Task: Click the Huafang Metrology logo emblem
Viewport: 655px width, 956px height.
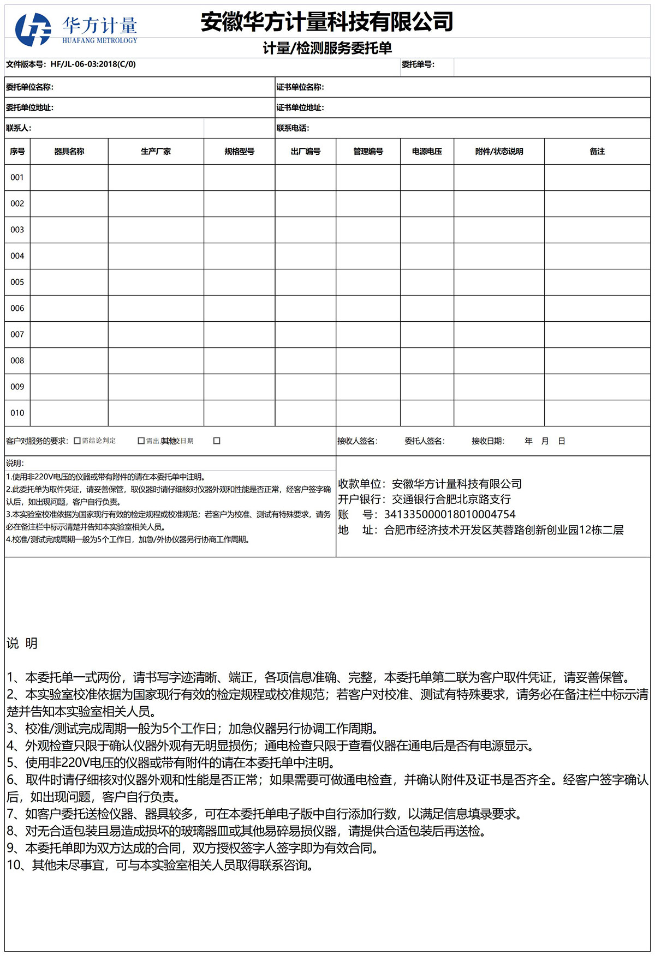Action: (x=33, y=29)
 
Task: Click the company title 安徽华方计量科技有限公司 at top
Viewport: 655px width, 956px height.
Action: (x=327, y=22)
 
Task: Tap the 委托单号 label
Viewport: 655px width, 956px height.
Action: (x=418, y=64)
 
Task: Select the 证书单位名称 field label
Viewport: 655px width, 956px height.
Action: (x=300, y=87)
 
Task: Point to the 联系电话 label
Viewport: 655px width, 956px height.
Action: (x=293, y=128)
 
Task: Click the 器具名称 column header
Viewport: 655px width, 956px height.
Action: (x=69, y=152)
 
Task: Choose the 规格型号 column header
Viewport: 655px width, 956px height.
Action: (x=239, y=152)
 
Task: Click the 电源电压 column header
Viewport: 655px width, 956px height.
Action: (x=427, y=152)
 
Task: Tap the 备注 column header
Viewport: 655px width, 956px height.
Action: (x=597, y=152)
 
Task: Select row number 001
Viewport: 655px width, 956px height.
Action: (x=17, y=177)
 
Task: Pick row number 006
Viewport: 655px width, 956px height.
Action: (x=17, y=308)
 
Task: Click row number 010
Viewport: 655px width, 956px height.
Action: (x=17, y=413)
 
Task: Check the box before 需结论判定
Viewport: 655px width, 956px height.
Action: (x=77, y=441)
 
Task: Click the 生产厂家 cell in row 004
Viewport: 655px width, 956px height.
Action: (x=156, y=256)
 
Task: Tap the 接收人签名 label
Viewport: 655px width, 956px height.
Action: (x=357, y=441)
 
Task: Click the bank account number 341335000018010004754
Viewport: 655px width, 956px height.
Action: (x=450, y=514)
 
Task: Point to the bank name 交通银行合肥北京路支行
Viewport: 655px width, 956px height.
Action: (x=451, y=499)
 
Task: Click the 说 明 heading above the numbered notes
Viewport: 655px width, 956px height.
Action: (x=22, y=644)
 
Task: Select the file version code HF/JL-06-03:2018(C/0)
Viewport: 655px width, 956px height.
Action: (x=93, y=64)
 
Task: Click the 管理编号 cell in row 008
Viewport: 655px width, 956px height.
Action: (x=368, y=360)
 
